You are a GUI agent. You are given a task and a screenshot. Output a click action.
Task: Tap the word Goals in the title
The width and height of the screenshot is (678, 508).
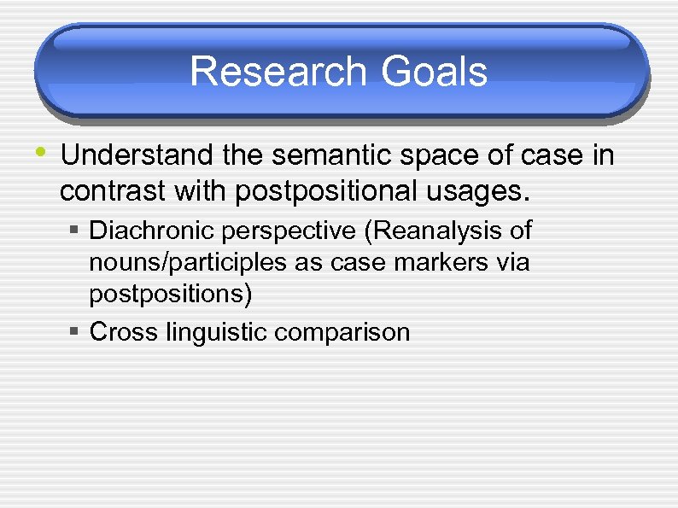click(435, 72)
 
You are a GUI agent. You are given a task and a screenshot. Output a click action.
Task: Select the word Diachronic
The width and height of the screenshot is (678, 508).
click(149, 231)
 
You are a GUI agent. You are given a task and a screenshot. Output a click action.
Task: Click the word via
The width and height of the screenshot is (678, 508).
click(513, 262)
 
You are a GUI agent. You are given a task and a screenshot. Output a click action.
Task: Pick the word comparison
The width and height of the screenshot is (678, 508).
click(342, 333)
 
